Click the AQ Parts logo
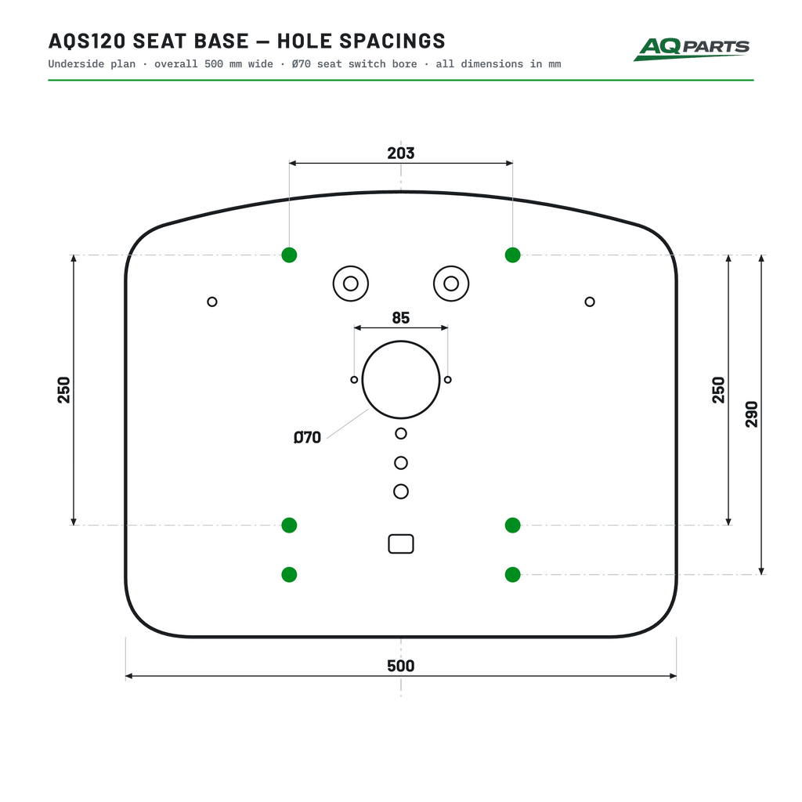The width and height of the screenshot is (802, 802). coord(691,49)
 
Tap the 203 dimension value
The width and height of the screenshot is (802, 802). coord(400,153)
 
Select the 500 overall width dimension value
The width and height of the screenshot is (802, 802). coord(400,666)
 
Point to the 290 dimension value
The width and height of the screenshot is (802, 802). coord(751,414)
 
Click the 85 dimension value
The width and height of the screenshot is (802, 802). coord(400,318)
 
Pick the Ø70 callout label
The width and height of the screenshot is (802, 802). coord(307,437)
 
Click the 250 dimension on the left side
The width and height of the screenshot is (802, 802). coord(64,390)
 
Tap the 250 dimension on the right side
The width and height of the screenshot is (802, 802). coord(719,390)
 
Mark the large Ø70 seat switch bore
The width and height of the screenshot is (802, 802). coord(401,341)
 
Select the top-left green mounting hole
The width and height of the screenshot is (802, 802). coord(289,255)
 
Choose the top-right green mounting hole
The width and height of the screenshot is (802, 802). coord(512,255)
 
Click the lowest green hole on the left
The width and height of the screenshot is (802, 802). coord(289,574)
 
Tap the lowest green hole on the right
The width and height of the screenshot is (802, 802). coord(512,574)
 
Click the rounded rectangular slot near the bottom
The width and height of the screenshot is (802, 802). coord(401,535)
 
